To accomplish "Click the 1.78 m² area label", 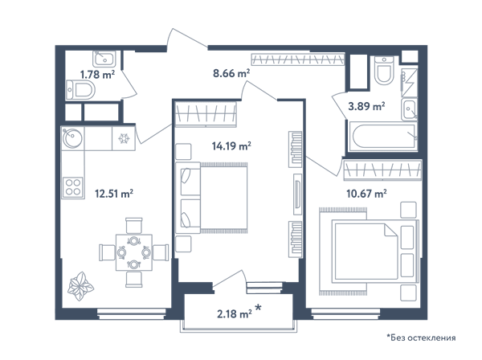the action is pyautogui.click(x=97, y=75).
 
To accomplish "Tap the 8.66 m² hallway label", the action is pyautogui.click(x=231, y=73).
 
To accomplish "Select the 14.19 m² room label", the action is pyautogui.click(x=231, y=145).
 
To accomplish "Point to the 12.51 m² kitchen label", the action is pyautogui.click(x=114, y=194).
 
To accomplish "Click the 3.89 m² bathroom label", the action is pyautogui.click(x=366, y=106).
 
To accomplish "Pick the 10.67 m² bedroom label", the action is pyautogui.click(x=366, y=194).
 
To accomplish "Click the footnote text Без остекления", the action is pyautogui.click(x=423, y=337).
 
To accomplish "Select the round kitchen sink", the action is pyautogui.click(x=72, y=137).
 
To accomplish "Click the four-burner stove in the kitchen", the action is pyautogui.click(x=73, y=187).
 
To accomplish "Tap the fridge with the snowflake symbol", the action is pyautogui.click(x=124, y=138).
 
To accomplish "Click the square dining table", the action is pyautogui.click(x=133, y=252).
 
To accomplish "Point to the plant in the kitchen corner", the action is pyautogui.click(x=80, y=286).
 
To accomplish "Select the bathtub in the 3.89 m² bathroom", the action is pyautogui.click(x=382, y=136).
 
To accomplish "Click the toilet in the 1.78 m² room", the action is pyautogui.click(x=80, y=90).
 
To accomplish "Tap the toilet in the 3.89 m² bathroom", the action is pyautogui.click(x=384, y=71).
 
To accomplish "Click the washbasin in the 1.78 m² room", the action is pyautogui.click(x=104, y=59).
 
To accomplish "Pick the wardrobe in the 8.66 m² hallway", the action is pyautogui.click(x=297, y=59).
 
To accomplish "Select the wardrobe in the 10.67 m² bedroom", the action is pyautogui.click(x=382, y=170).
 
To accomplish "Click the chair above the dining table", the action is pyautogui.click(x=134, y=226).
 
